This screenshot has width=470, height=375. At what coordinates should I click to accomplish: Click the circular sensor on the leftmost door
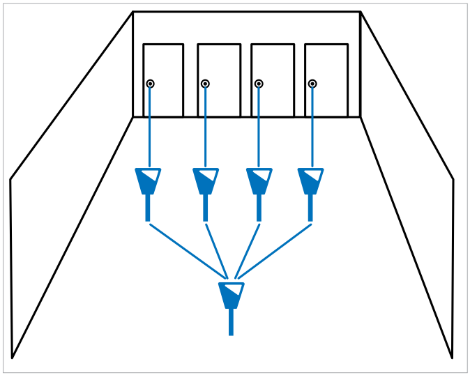tap(150, 84)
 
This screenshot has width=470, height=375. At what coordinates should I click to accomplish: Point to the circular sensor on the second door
tap(205, 84)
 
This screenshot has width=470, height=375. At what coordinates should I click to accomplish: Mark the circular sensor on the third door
tap(259, 84)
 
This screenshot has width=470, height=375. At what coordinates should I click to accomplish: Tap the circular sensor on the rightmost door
tap(312, 84)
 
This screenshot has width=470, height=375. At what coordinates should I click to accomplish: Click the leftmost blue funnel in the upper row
tap(148, 181)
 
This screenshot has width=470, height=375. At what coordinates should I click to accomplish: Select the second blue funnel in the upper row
tap(205, 181)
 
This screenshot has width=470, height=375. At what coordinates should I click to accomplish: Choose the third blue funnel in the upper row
tap(259, 181)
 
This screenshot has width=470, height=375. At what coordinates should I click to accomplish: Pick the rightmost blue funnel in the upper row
tap(310, 181)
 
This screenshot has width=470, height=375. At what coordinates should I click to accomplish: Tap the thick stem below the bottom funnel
tap(231, 322)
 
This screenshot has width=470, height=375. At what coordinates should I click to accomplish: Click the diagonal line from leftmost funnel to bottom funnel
tap(188, 250)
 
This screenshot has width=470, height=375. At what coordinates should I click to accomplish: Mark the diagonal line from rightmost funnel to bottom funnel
tap(274, 250)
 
